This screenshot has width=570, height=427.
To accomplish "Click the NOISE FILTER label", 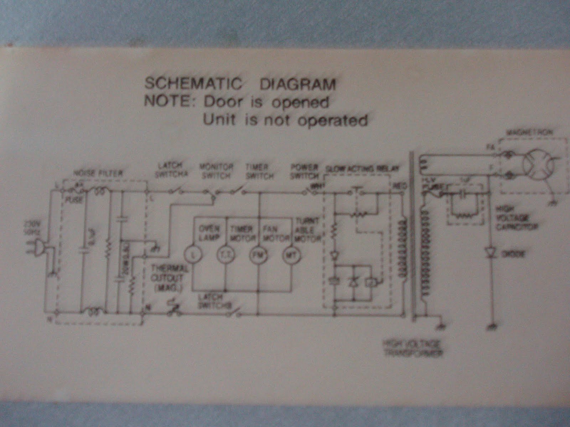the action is pyautogui.click(x=98, y=173).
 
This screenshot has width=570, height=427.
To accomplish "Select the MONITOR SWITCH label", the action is pyautogui.click(x=216, y=171).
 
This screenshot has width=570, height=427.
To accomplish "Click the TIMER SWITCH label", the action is pyautogui.click(x=260, y=171).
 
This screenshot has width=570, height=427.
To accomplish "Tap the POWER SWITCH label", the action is pyautogui.click(x=304, y=171).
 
